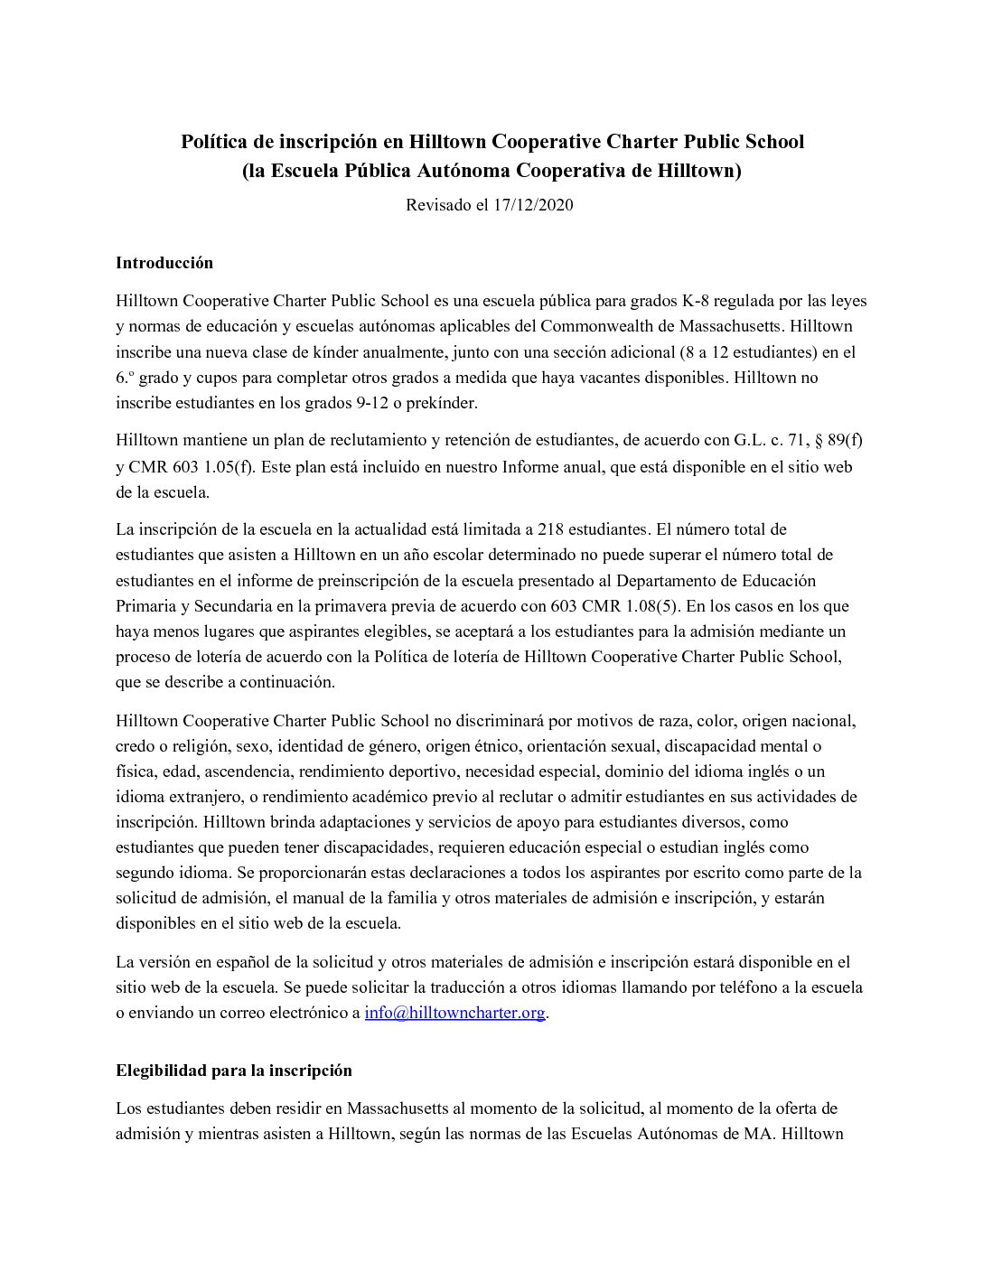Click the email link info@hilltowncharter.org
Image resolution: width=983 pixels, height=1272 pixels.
click(454, 1013)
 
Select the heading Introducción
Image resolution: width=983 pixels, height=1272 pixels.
click(164, 263)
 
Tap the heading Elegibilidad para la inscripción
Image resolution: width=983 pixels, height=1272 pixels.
click(233, 1071)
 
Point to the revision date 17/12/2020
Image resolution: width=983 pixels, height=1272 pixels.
click(533, 205)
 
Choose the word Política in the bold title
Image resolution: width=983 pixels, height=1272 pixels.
click(213, 142)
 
